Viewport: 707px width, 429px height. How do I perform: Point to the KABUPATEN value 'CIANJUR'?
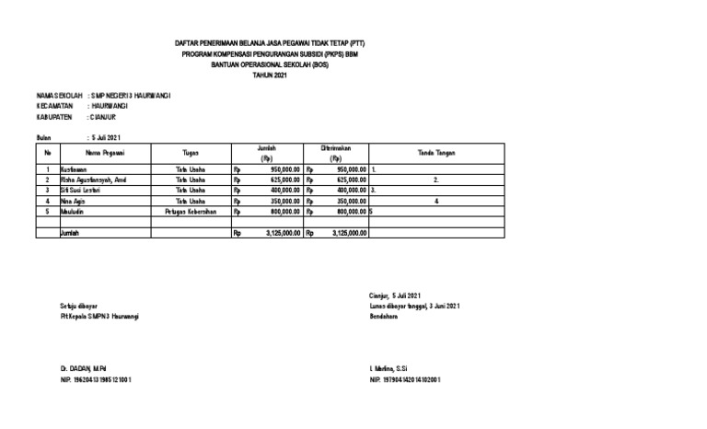[x=102, y=118]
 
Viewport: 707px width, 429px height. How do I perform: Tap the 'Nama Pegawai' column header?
[x=105, y=153]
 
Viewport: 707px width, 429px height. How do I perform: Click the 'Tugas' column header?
[x=191, y=153]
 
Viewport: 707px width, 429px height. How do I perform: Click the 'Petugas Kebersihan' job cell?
[x=191, y=210]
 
